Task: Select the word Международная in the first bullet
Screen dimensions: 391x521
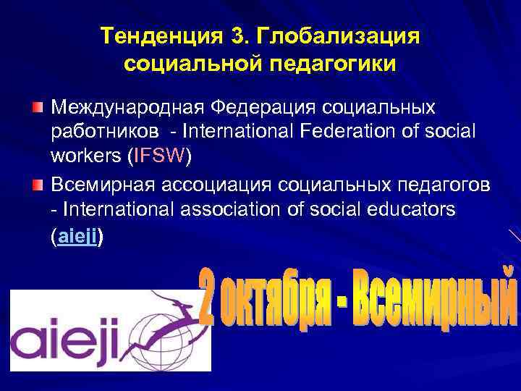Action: (x=127, y=108)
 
